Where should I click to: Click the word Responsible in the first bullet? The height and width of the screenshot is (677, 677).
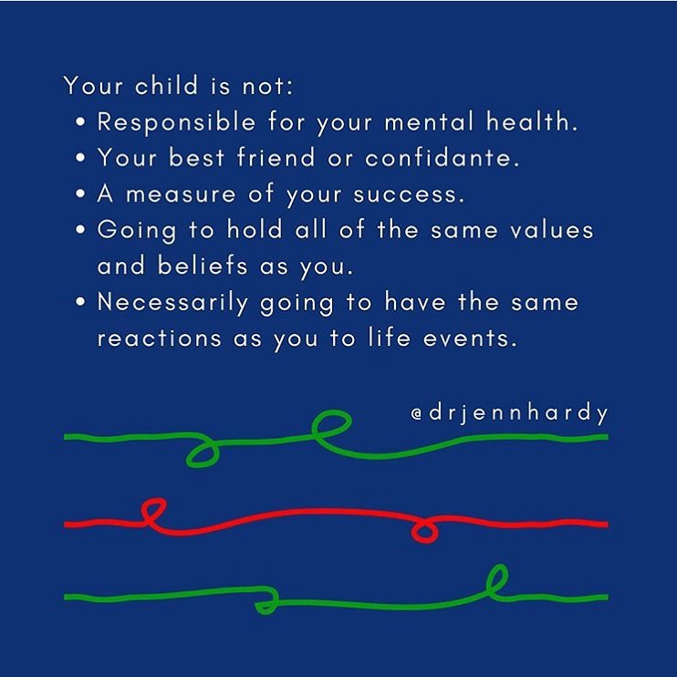pos(165,122)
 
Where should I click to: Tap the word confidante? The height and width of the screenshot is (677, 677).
pos(443,158)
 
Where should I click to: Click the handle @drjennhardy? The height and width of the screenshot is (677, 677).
pos(509,413)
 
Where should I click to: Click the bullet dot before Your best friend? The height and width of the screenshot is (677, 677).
pos(82,159)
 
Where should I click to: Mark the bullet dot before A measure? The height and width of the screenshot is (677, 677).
pos(82,194)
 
